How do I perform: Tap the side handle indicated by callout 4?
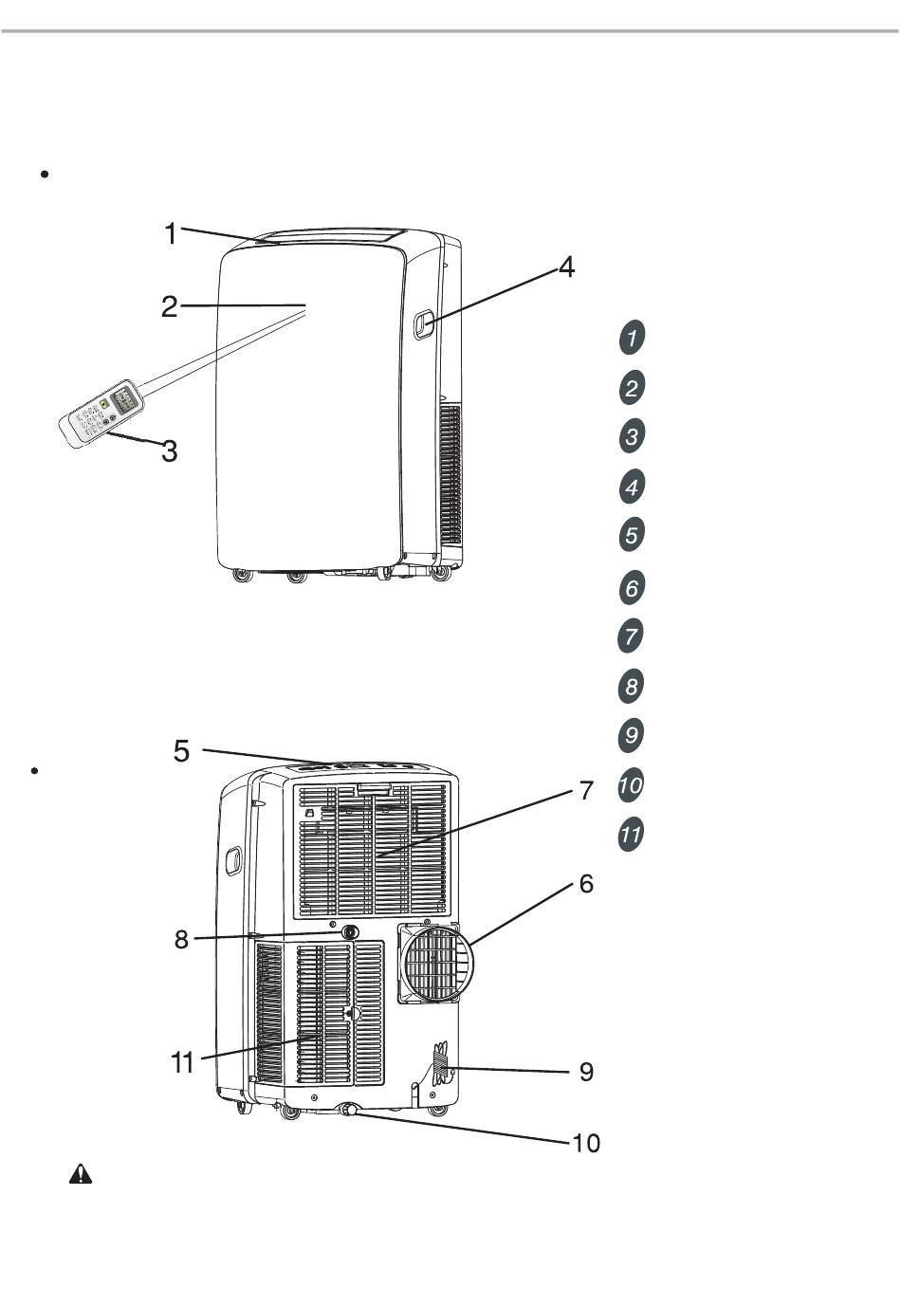[422, 324]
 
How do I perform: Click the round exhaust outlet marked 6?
[435, 961]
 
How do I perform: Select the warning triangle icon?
[81, 1175]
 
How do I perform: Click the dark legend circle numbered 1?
[633, 337]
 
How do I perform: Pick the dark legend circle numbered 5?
[633, 535]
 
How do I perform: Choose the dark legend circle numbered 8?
[633, 686]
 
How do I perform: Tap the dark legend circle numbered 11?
[632, 836]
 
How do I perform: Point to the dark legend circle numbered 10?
[632, 785]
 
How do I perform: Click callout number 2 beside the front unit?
[169, 306]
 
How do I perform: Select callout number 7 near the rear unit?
[586, 790]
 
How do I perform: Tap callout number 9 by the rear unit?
[586, 1072]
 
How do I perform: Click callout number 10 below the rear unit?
[586, 1143]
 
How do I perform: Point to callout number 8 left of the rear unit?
[181, 940]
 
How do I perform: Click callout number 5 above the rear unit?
[181, 751]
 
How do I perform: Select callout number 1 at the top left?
[170, 233]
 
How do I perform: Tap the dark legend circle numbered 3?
[633, 436]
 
